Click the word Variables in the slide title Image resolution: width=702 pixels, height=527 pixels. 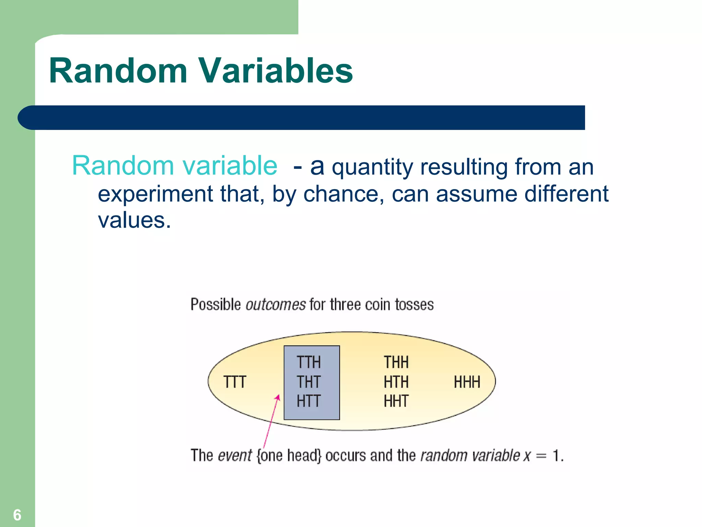pyautogui.click(x=276, y=71)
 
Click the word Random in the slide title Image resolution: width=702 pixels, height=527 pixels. pyautogui.click(x=118, y=71)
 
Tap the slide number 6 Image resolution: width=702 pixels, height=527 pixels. pyautogui.click(x=17, y=515)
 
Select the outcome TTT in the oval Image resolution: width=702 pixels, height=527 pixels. pyautogui.click(x=235, y=382)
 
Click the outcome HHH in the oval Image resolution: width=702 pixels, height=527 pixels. pyautogui.click(x=467, y=382)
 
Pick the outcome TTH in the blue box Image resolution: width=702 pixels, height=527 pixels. pyautogui.click(x=308, y=362)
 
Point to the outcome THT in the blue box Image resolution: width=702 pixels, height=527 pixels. pyautogui.click(x=308, y=382)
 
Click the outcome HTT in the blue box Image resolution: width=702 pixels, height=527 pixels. pyautogui.click(x=308, y=401)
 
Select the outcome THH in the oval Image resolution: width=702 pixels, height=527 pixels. pyautogui.click(x=396, y=362)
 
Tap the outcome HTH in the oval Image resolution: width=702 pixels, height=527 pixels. pyautogui.click(x=396, y=382)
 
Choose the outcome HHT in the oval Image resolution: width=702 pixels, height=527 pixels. pyautogui.click(x=396, y=401)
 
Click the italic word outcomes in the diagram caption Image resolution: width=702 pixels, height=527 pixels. pyautogui.click(x=276, y=305)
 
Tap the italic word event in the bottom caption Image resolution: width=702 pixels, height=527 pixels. pyautogui.click(x=235, y=456)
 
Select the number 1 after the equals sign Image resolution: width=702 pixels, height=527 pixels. pyautogui.click(x=556, y=456)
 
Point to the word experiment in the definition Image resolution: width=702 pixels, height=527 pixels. pyautogui.click(x=155, y=194)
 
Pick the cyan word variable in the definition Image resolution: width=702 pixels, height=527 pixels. pyautogui.click(x=230, y=166)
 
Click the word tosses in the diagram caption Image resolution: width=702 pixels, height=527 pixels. pyautogui.click(x=414, y=305)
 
